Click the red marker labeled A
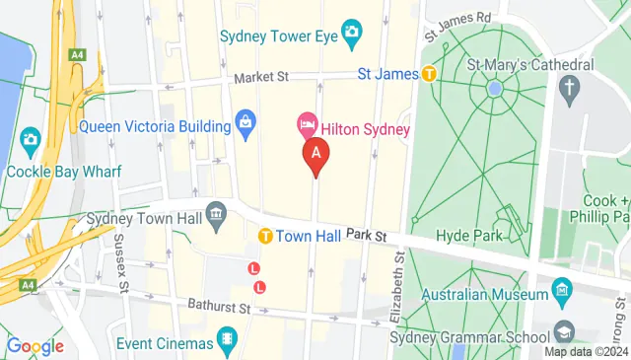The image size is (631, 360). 315,155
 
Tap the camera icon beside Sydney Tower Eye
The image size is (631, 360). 352,34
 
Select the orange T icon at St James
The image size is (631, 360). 429,73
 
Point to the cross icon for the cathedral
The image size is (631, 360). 569,89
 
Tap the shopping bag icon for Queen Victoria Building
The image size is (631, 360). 245,123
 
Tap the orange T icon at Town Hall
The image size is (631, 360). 265,237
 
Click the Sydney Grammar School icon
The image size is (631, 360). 563,330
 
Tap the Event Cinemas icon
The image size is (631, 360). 228,342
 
